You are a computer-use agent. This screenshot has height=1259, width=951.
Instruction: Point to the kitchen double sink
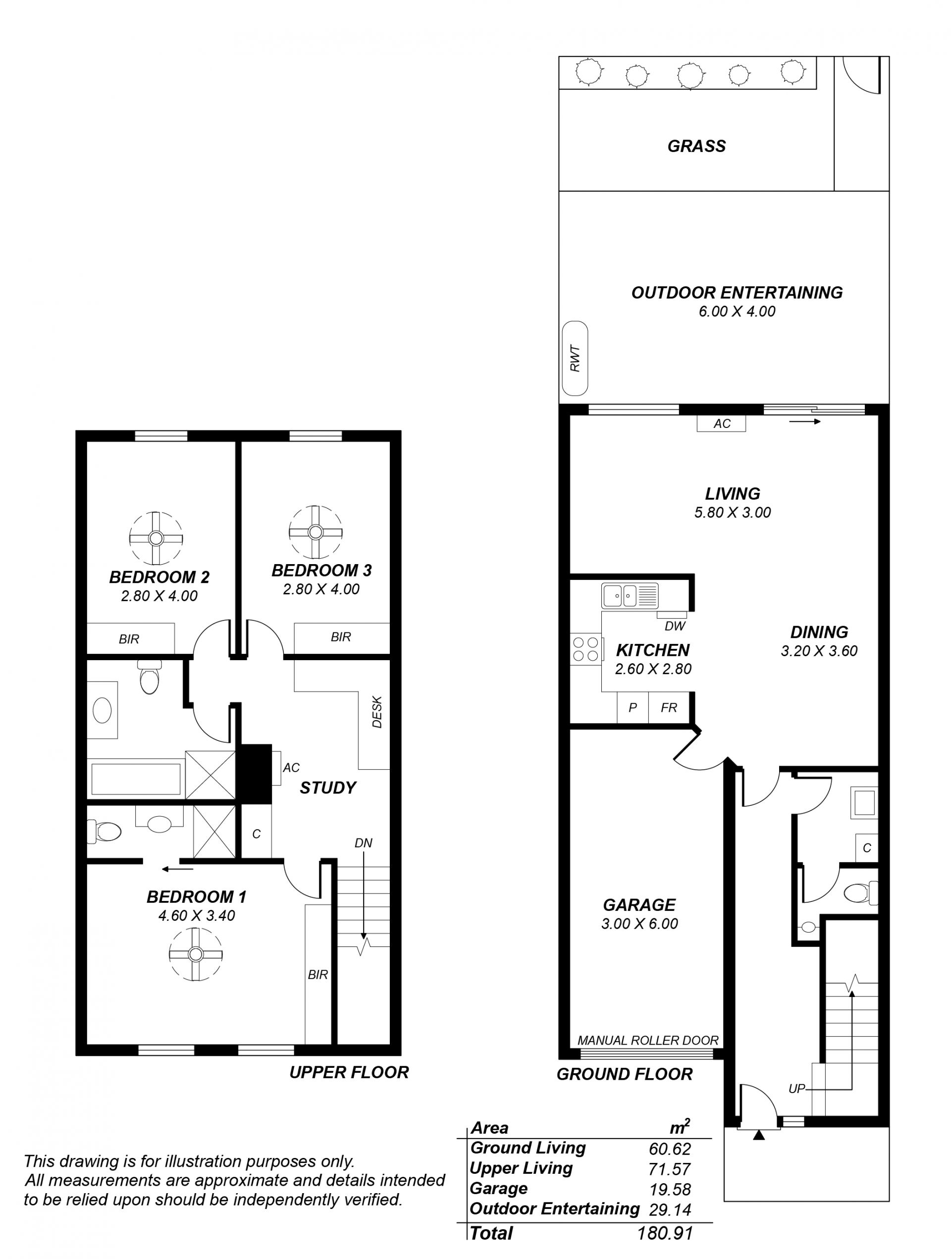tap(630, 596)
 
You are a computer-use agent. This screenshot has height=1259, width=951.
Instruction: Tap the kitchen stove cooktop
tap(585, 649)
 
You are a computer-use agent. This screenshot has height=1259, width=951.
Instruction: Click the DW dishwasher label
tap(675, 626)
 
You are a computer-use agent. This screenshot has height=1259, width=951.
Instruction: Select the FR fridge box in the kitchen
tap(669, 707)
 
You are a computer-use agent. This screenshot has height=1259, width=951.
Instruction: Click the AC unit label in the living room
tap(722, 423)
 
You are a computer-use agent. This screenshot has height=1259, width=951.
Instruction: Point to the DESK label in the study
tap(377, 712)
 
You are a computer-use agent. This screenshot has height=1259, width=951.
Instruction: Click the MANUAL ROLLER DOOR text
tap(648, 1041)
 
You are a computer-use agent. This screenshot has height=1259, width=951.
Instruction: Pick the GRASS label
tap(696, 146)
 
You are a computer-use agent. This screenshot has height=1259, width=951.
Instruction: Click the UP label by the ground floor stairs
tap(797, 1088)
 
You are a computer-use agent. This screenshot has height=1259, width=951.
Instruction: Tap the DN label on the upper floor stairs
tap(363, 843)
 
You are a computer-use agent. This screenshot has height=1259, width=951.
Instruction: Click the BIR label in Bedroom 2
tap(129, 639)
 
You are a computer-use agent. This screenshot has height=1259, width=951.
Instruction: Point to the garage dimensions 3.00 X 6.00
tap(639, 923)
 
